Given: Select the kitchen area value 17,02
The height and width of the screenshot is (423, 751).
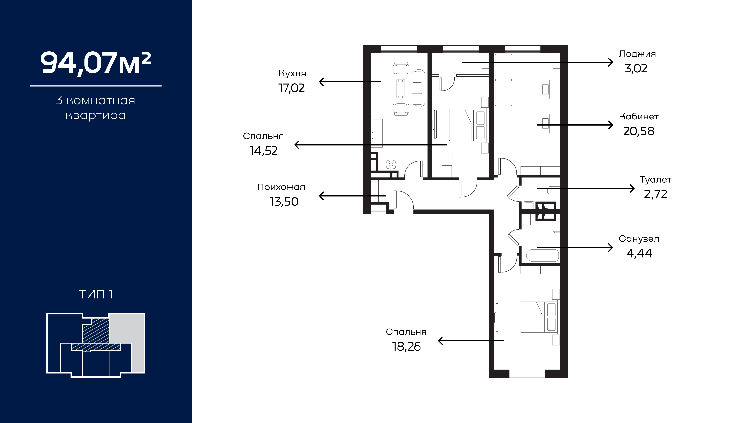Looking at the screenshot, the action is click(x=292, y=88).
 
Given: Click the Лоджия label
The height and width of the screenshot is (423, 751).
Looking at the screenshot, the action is click(x=638, y=54).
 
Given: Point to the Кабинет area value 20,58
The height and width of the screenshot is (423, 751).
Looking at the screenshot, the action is click(x=639, y=131).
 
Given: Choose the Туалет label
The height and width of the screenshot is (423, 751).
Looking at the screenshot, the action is click(x=655, y=180).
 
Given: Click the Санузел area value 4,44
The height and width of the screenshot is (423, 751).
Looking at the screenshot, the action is click(x=639, y=253).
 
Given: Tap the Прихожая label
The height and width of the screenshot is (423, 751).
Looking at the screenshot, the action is click(x=281, y=187).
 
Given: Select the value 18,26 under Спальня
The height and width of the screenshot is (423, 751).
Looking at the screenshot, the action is click(x=406, y=347).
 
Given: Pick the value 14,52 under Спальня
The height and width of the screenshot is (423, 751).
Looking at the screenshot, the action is click(x=264, y=151).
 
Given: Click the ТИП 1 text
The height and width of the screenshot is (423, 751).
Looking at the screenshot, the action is click(x=96, y=294).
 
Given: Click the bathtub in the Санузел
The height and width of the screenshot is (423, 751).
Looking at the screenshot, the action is click(x=542, y=255).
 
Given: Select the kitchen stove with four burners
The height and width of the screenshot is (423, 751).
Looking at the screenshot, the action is click(x=391, y=164).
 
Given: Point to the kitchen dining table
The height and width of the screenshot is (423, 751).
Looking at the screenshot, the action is click(x=401, y=89).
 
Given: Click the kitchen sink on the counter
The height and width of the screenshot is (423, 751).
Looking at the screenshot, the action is click(x=376, y=135).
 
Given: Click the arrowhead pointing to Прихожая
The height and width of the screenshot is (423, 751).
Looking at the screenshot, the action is click(x=322, y=196).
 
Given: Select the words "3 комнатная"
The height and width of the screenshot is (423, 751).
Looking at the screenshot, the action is click(x=95, y=100).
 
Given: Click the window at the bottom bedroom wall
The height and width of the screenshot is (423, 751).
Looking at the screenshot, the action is click(x=527, y=374).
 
